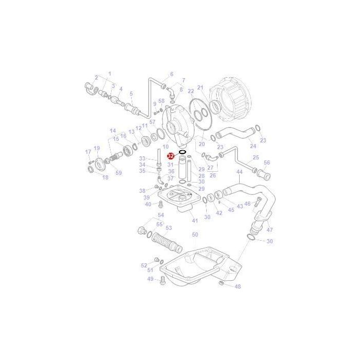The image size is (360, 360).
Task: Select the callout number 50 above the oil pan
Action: coord(195,235)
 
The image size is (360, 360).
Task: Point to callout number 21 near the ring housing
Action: coord(201,87)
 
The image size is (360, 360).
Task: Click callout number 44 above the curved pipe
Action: coord(239,172)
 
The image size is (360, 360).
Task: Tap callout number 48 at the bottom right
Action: coord(237,286)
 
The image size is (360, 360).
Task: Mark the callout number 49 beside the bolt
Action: coord(150,279)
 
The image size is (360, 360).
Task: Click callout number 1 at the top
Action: coord(110,74)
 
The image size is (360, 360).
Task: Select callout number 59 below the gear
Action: coord(119,173)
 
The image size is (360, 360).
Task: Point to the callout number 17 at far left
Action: coord(88,152)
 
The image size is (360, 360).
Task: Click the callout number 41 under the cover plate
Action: coord(194,221)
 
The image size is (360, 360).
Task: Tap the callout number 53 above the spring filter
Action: coord(168,228)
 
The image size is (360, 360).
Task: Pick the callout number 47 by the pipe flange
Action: coord(270,229)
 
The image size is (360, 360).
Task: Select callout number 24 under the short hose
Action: coord(253,146)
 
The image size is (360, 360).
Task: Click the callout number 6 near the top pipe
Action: coord(171,74)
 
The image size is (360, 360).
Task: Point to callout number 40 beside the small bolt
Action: coord(148,204)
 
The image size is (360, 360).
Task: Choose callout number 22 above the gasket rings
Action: coord(190,91)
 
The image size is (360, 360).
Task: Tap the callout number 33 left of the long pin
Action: coord(142,158)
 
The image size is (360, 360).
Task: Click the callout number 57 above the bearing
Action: coord(152,122)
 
